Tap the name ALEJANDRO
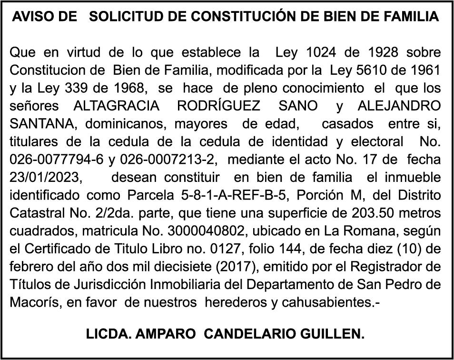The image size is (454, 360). (401, 105)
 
